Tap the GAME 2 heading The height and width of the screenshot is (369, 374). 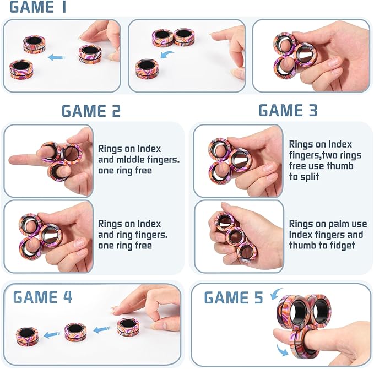tap(91, 111)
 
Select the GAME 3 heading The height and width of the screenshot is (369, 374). tap(288, 110)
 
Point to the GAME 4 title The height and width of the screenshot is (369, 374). tap(42, 297)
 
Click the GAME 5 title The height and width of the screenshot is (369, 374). tap(234, 297)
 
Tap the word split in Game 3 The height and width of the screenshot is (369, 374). tap(310, 176)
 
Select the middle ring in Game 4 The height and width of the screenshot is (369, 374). tap(75, 331)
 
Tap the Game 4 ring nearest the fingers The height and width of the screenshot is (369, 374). tap(127, 327)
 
